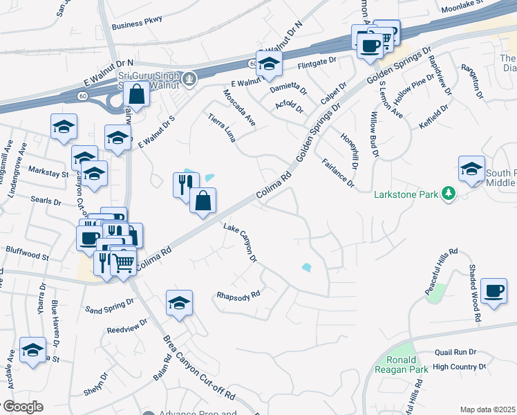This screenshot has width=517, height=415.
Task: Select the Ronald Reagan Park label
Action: click(x=401, y=365)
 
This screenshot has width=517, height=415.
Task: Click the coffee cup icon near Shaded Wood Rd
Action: click(x=493, y=291)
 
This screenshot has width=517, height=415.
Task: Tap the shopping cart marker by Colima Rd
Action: click(x=123, y=261)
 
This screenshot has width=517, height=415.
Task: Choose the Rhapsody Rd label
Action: click(x=238, y=294)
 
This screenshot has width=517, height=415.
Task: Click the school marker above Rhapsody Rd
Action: click(x=179, y=303)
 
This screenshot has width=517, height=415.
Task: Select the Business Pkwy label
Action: click(x=136, y=20)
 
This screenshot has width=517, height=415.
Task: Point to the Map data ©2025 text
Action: click(x=487, y=409)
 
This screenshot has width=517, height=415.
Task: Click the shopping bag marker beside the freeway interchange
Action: click(x=138, y=95)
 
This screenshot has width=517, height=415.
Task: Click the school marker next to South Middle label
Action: click(x=471, y=169)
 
